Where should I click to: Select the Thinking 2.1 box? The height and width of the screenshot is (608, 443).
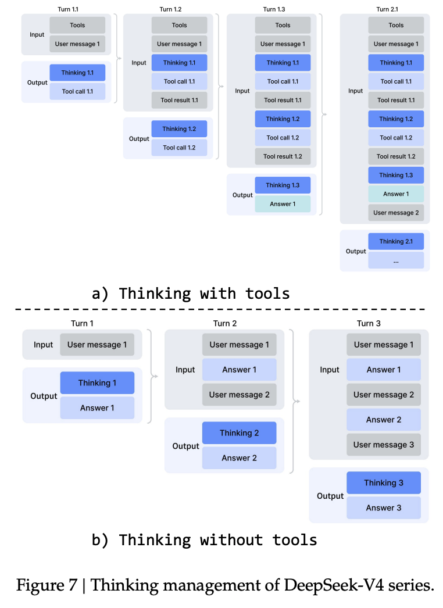(x=396, y=241)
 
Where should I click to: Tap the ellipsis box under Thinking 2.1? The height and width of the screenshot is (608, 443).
(x=396, y=260)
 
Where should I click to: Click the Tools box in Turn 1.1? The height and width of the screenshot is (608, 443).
(x=77, y=25)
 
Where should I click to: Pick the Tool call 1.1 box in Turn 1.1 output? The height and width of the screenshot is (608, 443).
(x=77, y=91)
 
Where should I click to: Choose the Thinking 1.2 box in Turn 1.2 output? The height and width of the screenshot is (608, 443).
(x=179, y=129)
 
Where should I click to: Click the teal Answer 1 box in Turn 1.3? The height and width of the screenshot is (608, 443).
(x=283, y=204)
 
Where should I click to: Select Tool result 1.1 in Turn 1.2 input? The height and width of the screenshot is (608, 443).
(x=179, y=100)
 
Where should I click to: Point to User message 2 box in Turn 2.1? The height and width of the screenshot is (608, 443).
(x=396, y=213)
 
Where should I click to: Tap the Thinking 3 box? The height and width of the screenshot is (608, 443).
(x=383, y=482)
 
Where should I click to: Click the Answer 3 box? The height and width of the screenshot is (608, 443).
(x=383, y=507)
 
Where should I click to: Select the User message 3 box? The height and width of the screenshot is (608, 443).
(x=383, y=445)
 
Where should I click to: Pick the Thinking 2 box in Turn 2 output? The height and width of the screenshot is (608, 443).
(x=239, y=433)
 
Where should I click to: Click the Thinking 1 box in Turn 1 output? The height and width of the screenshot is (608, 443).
(x=97, y=383)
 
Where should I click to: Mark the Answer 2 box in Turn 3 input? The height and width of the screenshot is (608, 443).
(x=383, y=420)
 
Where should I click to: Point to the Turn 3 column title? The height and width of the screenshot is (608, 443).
(x=369, y=323)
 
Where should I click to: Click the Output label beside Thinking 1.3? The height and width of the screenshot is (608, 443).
(x=242, y=195)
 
